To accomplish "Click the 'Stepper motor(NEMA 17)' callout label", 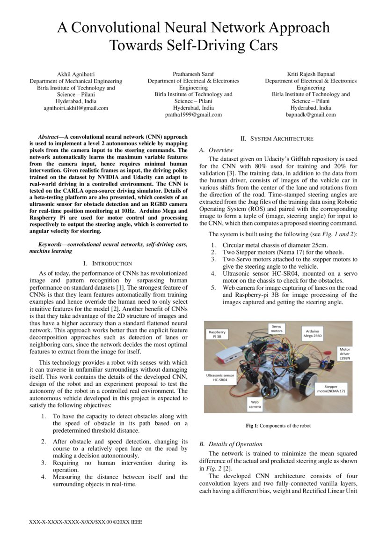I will coord(331,389).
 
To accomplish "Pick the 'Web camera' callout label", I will coord(255,404).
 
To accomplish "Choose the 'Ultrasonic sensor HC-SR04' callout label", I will coord(221,378).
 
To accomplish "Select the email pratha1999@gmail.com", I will coord(193,114).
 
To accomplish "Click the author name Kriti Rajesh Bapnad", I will coord(310,74).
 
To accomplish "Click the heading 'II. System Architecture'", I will coord(277,139).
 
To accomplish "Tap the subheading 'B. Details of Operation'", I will coord(231,444).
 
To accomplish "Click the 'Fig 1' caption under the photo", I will coord(278,426).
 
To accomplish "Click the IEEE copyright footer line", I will coord(86,522).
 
